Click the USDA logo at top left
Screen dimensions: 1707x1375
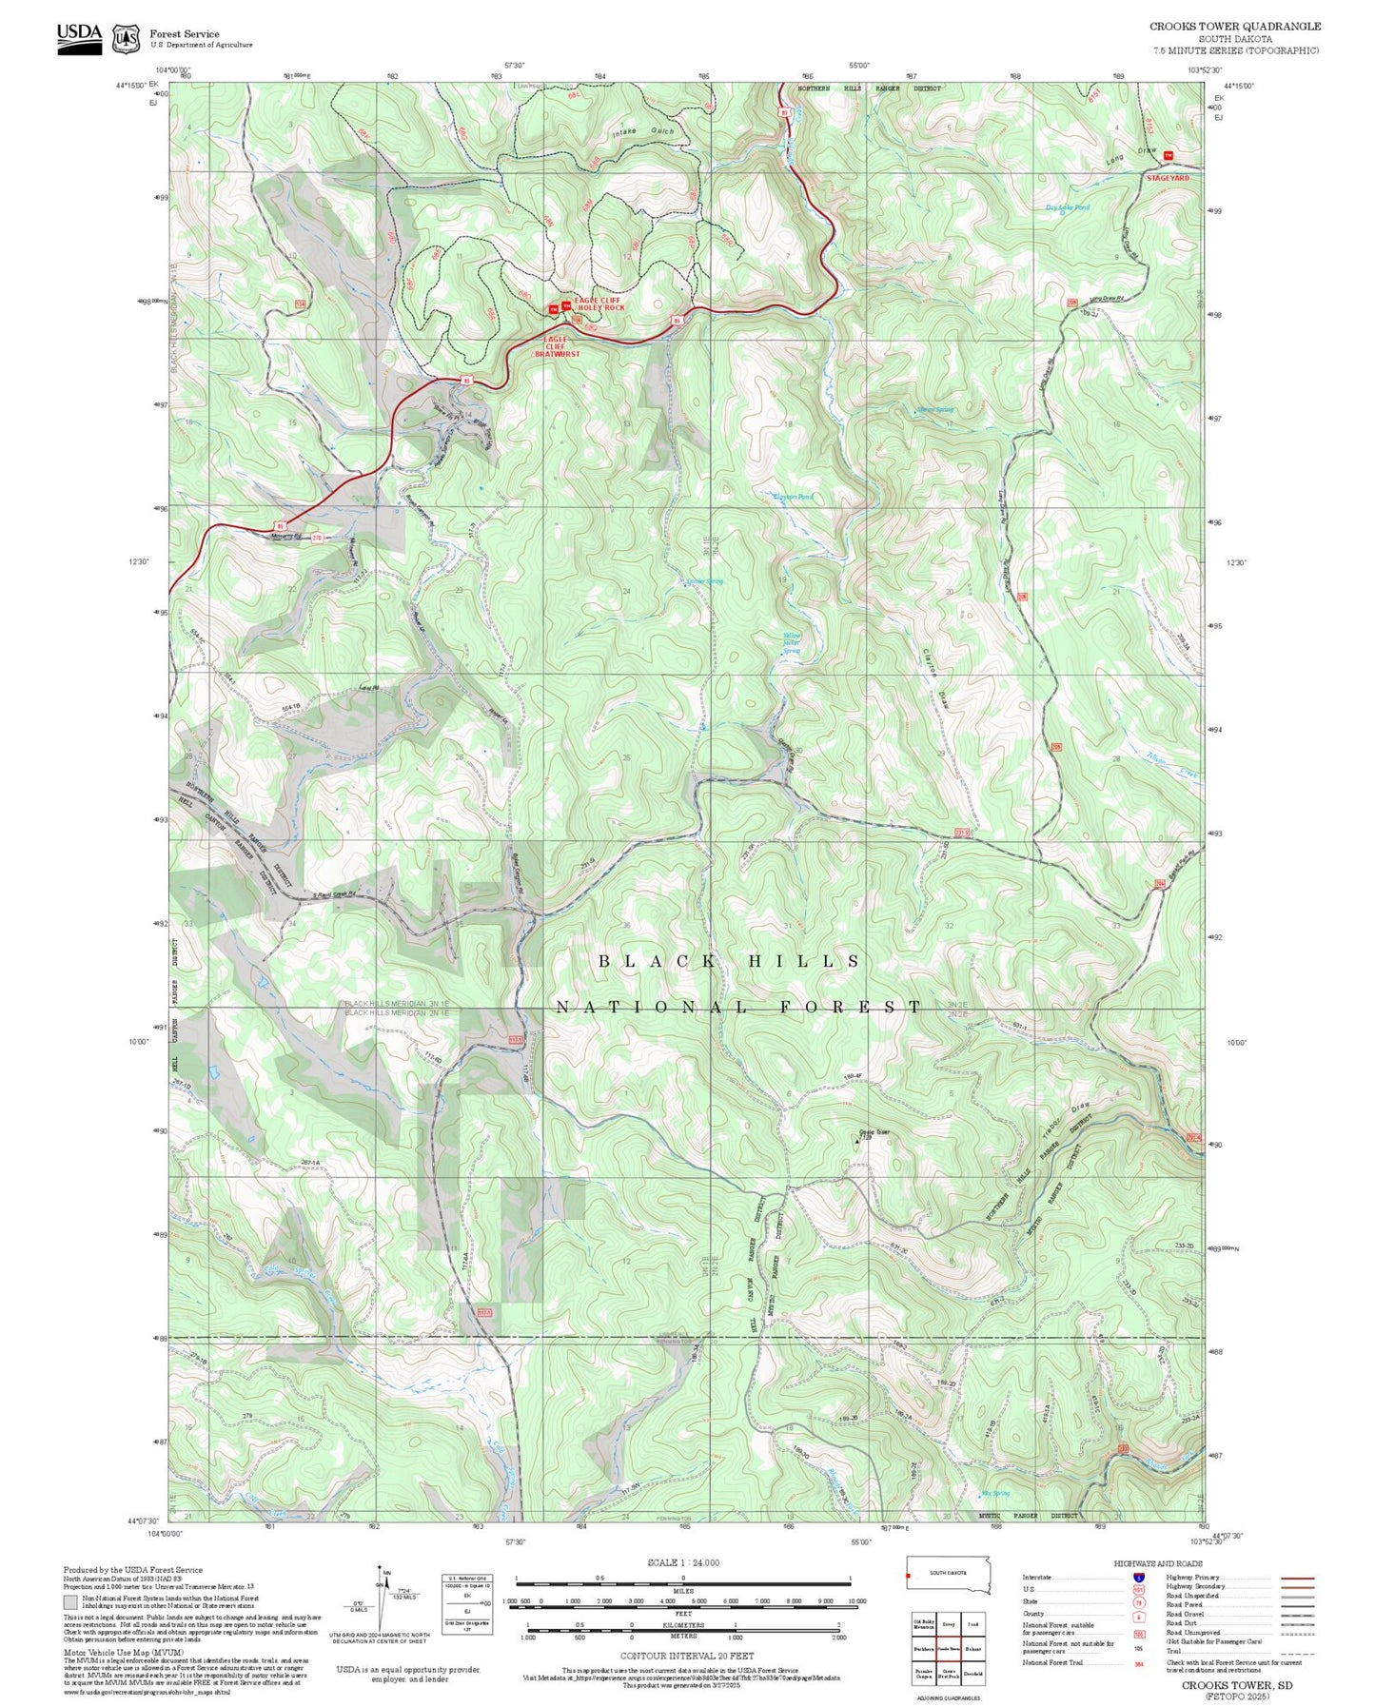tap(79, 37)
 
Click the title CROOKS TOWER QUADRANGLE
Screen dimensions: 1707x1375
tap(1234, 27)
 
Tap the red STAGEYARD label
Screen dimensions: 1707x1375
tap(1168, 178)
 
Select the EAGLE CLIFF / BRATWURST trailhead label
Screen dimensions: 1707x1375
tap(556, 346)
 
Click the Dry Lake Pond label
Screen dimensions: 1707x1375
tap(1068, 206)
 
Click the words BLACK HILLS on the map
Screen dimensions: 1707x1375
tap(730, 962)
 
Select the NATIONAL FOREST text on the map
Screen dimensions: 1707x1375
tap(738, 1007)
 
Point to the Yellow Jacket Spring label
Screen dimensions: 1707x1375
tap(792, 643)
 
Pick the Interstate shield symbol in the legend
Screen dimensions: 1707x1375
tap(1139, 1577)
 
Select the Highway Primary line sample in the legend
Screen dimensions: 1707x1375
tap(1298, 1577)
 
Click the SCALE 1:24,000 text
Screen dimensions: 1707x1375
tap(682, 1562)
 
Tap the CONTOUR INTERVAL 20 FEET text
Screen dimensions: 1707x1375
tap(686, 1656)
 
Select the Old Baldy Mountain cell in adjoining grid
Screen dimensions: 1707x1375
tap(923, 1625)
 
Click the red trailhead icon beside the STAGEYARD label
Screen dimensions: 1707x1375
tap(1169, 155)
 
